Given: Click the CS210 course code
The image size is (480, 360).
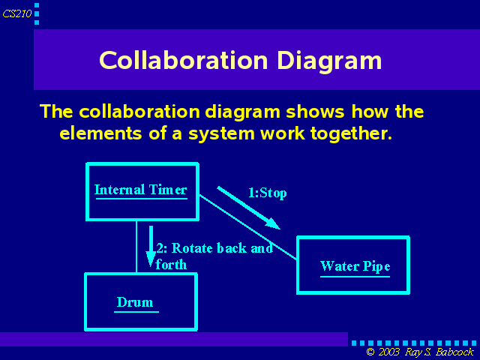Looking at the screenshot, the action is click(x=17, y=13).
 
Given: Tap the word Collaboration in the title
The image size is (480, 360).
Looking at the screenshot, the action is click(x=184, y=60).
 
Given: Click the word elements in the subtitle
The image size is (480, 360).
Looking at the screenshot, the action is click(x=100, y=133).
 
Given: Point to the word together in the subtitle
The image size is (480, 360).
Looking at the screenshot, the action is click(x=352, y=134).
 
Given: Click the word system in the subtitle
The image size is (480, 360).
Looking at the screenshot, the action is click(x=221, y=134).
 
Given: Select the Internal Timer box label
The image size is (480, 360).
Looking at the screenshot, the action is click(x=141, y=190).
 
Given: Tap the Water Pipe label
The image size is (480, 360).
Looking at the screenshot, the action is click(x=355, y=266).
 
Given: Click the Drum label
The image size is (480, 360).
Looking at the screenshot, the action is click(x=135, y=302).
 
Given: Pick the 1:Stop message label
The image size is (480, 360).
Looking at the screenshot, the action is click(x=267, y=193).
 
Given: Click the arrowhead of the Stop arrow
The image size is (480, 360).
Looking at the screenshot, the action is click(x=273, y=223).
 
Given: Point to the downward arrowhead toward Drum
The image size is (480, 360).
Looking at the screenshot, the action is click(x=151, y=259).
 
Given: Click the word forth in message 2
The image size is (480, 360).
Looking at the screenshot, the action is click(x=171, y=265).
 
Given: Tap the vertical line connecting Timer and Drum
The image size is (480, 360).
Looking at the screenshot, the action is click(x=136, y=247).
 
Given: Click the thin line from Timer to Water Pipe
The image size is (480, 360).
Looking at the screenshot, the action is click(x=248, y=227).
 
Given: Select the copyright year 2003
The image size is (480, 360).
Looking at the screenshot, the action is click(x=388, y=352).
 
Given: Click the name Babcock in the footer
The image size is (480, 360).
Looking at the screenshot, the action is click(x=454, y=352).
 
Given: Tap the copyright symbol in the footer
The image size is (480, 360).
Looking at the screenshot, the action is click(x=370, y=352).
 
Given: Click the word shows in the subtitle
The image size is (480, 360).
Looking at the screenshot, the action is click(x=316, y=112).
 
